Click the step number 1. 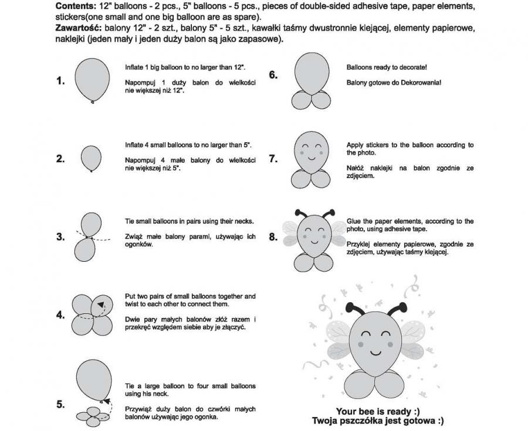pyautogui.click(x=60, y=81)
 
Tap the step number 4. pyautogui.click(x=60, y=314)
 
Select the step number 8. pyautogui.click(x=273, y=237)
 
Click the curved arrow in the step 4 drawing pyautogui.click(x=102, y=305)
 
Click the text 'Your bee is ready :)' pyautogui.click(x=377, y=411)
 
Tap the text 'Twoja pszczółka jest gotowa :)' pyautogui.click(x=377, y=420)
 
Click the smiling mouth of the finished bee pyautogui.click(x=376, y=353)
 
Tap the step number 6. pyautogui.click(x=273, y=75)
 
